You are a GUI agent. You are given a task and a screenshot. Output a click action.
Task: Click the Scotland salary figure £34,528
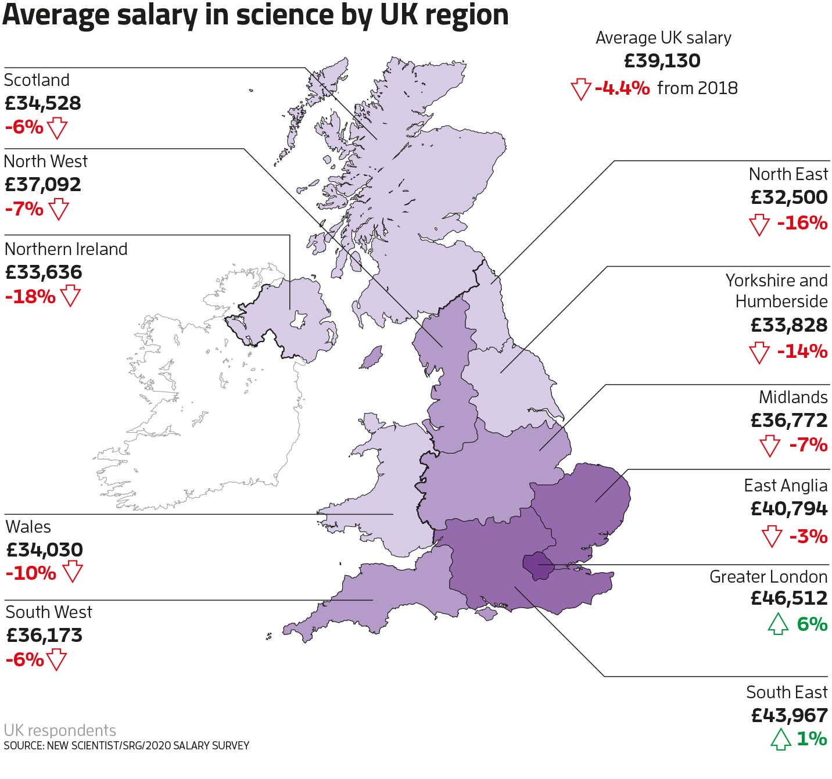click(x=43, y=103)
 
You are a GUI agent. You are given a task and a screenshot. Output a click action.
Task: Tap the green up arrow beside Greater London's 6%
click(x=778, y=624)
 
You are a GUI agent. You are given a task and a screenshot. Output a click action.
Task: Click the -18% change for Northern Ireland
click(x=30, y=296)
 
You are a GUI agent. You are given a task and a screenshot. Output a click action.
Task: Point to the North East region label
click(x=788, y=174)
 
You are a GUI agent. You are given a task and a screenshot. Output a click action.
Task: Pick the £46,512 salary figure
click(x=788, y=598)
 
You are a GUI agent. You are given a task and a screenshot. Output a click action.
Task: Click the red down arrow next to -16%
click(x=759, y=224)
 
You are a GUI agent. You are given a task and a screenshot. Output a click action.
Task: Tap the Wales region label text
click(x=28, y=526)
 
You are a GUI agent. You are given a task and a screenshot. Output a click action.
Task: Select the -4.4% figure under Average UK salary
click(x=622, y=88)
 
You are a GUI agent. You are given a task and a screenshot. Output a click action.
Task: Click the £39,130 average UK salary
click(x=662, y=61)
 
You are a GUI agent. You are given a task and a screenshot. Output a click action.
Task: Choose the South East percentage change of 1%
click(x=812, y=738)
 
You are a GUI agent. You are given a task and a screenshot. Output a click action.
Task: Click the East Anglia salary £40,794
click(x=788, y=509)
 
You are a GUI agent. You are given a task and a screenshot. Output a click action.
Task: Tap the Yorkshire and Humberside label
click(x=777, y=290)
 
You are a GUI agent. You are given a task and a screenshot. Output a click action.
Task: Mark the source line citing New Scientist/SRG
click(x=127, y=745)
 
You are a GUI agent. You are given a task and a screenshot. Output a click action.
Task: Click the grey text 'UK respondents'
click(x=60, y=730)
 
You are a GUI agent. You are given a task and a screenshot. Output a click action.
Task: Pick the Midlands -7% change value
click(x=808, y=445)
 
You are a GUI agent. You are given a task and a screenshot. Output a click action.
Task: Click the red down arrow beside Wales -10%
click(x=72, y=572)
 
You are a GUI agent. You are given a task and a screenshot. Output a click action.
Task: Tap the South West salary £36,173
click(x=44, y=635)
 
